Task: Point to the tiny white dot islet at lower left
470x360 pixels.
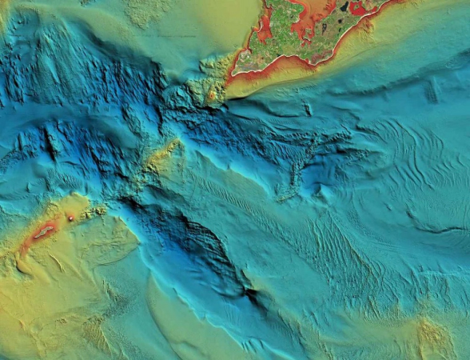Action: pyautogui.click(x=70, y=217)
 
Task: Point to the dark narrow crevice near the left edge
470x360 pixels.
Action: pyautogui.click(x=50, y=145)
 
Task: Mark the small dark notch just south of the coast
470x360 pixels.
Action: pyautogui.click(x=308, y=109)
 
